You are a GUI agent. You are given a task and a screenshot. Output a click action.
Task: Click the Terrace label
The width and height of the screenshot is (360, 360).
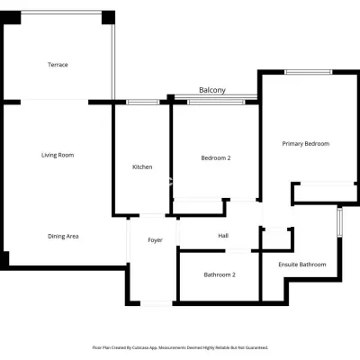[x=58, y=65]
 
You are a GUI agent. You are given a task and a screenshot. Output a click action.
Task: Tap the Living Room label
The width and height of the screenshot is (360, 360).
[x=58, y=155]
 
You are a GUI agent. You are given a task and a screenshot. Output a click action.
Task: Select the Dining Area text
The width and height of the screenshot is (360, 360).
[x=63, y=237]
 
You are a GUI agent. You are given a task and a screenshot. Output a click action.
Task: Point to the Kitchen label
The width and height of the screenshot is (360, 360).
[x=142, y=166]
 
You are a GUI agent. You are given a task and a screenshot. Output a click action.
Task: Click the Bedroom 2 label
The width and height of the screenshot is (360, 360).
[x=216, y=158]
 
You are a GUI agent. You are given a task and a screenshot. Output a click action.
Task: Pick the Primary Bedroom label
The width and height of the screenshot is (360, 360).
[x=306, y=144]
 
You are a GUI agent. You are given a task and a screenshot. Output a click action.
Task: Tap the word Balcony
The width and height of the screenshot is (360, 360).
[x=212, y=90]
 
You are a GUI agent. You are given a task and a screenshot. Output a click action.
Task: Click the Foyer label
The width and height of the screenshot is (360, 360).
[x=155, y=240]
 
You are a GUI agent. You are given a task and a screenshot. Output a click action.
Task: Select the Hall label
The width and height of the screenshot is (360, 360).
[x=223, y=236]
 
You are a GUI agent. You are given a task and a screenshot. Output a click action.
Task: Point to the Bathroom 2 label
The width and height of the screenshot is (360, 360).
[x=220, y=274]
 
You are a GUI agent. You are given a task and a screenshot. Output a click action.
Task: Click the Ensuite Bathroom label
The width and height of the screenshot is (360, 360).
[x=302, y=265]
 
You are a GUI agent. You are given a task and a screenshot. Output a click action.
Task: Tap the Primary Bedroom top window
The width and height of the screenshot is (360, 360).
[x=309, y=72]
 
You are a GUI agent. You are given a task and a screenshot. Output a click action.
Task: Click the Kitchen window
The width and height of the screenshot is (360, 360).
[x=143, y=103]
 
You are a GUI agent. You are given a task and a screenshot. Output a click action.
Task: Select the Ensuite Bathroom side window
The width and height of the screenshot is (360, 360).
[x=339, y=222]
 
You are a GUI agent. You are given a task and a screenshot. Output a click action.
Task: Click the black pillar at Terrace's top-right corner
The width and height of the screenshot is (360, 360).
[x=108, y=17]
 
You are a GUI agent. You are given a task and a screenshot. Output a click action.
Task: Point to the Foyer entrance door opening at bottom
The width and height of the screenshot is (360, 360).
[x=157, y=303]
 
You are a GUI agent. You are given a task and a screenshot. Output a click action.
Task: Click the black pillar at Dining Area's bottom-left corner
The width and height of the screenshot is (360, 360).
[x=4, y=261]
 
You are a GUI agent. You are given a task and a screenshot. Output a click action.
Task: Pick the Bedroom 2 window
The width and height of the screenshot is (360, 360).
[x=216, y=103]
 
